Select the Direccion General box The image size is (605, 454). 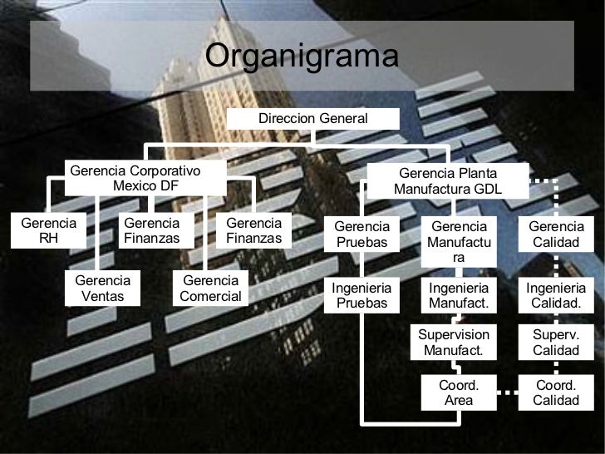[x=312, y=119]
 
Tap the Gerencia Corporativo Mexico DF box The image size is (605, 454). [x=145, y=178]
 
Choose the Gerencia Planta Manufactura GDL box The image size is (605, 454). [x=448, y=181]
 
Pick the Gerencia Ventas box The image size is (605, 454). [x=103, y=289]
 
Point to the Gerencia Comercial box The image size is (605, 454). [x=210, y=289]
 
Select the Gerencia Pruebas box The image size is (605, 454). [x=362, y=234]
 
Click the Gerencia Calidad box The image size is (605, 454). [x=556, y=234]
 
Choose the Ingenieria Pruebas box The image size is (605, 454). [x=362, y=295]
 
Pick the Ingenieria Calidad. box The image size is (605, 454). [x=556, y=295]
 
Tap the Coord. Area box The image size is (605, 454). [x=459, y=392]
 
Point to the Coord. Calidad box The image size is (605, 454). [x=556, y=392]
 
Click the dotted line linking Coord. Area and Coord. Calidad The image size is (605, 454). [x=508, y=392]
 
